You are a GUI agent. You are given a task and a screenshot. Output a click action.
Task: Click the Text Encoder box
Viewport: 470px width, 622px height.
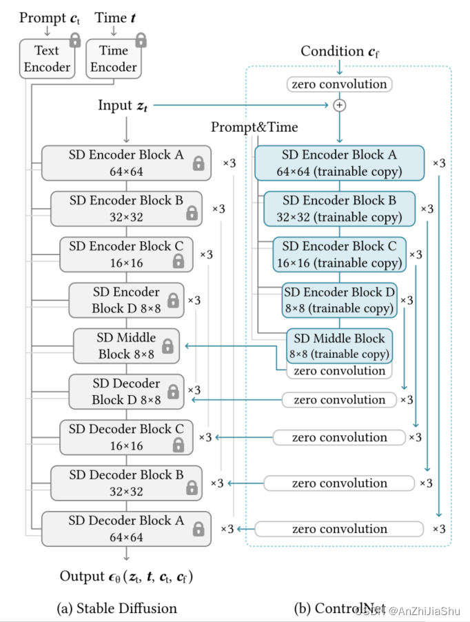pos(48,59)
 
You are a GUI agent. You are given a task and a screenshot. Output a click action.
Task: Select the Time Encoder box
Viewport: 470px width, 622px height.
pos(113,59)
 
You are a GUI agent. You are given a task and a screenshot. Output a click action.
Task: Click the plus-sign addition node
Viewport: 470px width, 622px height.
pos(339,106)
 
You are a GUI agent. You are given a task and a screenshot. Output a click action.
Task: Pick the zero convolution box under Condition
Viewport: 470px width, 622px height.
pos(339,84)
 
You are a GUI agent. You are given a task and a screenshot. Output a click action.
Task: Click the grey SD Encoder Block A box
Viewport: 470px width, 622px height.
pos(125,163)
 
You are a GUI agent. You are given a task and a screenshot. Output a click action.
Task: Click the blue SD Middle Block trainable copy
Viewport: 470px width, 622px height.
pos(340,346)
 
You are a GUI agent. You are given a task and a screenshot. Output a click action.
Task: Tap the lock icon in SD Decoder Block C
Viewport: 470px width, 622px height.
pos(178,445)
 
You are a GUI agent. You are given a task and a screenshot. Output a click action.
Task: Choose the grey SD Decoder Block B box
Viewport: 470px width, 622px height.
pos(126,483)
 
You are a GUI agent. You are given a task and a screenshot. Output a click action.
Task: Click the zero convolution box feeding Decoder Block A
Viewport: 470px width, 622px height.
pos(339,529)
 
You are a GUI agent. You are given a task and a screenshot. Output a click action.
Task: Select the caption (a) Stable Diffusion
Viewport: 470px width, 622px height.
pos(116,608)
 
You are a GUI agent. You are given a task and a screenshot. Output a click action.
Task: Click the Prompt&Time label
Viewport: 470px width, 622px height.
pos(254,127)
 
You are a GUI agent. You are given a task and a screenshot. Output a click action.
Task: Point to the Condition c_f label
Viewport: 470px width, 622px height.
pos(340,52)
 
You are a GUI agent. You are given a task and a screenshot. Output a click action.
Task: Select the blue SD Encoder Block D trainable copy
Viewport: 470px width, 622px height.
pos(340,300)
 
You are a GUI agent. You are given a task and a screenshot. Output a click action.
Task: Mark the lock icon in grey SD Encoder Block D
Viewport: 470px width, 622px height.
pos(173,301)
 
